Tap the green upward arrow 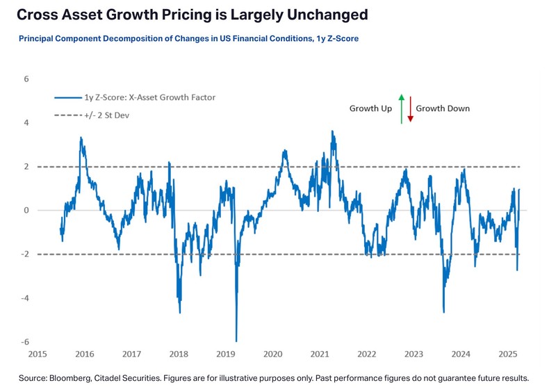tap(401, 108)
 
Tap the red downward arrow tap(410, 108)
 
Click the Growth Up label tap(370, 108)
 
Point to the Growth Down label tap(443, 108)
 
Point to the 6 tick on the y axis tap(26, 79)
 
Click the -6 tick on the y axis tap(24, 342)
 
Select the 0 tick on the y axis tap(26, 211)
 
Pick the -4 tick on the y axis tap(24, 298)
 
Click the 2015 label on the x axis tap(38, 354)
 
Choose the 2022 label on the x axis tap(366, 354)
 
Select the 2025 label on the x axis tap(507, 354)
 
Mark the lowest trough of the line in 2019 tap(236, 341)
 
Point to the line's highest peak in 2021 tap(332, 131)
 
